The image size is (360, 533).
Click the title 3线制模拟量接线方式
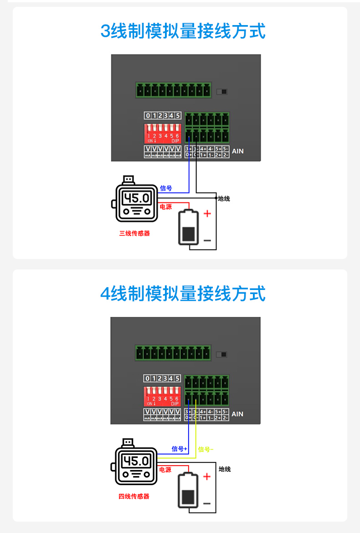click(x=182, y=31)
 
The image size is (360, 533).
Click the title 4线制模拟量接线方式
click(x=182, y=294)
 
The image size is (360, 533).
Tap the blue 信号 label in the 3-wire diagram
click(x=166, y=188)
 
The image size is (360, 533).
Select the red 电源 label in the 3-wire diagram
click(x=166, y=207)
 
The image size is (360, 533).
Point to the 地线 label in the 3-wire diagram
click(x=224, y=199)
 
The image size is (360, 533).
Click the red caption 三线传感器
click(x=134, y=233)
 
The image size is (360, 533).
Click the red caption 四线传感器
click(x=134, y=496)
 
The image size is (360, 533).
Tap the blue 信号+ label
click(x=179, y=449)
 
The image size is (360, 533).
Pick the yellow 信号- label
click(x=206, y=450)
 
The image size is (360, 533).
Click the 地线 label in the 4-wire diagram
click(x=225, y=469)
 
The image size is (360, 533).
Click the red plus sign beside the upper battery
click(x=207, y=213)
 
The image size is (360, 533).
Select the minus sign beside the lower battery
click(x=207, y=503)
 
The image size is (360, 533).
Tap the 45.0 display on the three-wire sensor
click(x=137, y=198)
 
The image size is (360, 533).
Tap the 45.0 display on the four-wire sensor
click(x=136, y=461)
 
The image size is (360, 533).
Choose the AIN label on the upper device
click(x=238, y=151)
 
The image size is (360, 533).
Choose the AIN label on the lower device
click(x=237, y=414)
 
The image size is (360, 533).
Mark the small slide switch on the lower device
click(x=223, y=355)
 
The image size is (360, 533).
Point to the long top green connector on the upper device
click(x=174, y=90)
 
